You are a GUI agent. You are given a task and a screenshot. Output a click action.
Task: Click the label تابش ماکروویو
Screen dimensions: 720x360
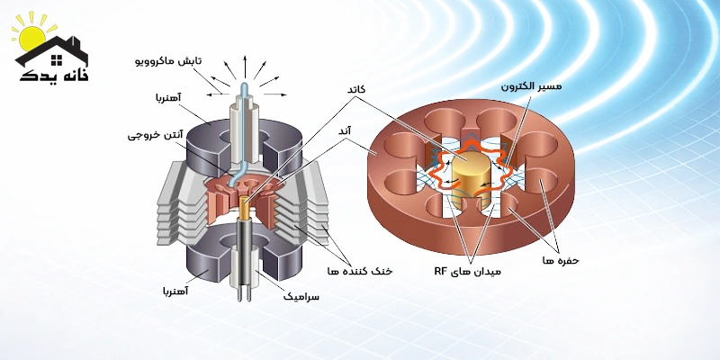pos(168,61)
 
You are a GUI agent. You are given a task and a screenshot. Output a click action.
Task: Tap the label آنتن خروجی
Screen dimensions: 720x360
pos(155,136)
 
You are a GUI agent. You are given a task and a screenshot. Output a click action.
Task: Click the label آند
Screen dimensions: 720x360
pos(356,131)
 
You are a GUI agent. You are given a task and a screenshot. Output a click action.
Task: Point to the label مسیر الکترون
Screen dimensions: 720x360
pos(531,86)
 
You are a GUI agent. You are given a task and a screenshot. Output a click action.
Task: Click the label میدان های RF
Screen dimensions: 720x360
pos(467,272)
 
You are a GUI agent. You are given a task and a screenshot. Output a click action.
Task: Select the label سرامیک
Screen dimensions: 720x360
pos(301,296)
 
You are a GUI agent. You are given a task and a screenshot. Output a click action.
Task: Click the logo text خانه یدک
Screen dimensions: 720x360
pos(54,76)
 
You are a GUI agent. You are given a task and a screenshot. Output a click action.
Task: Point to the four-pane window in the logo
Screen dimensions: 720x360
pos(56,59)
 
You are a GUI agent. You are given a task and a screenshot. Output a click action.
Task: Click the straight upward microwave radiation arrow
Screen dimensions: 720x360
pos(244,67)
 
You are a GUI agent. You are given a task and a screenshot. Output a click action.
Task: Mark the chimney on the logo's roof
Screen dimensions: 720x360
pos(76,43)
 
